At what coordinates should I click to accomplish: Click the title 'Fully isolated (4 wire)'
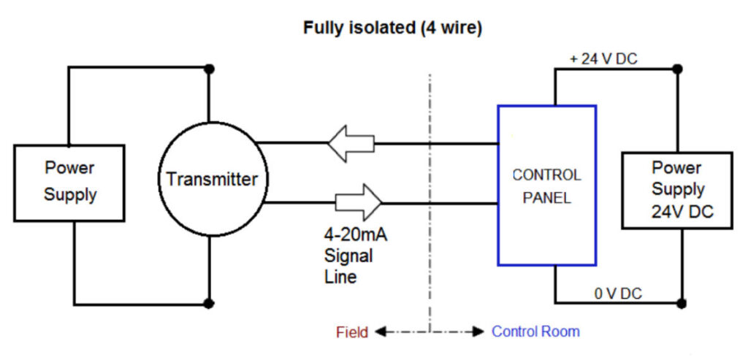click(393, 29)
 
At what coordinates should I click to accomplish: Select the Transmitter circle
click(210, 179)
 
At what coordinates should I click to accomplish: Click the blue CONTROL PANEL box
click(546, 185)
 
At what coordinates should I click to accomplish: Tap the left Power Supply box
click(69, 182)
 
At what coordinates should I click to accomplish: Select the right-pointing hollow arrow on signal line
click(358, 202)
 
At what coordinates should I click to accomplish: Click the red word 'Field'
click(351, 332)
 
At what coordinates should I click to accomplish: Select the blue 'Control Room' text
click(535, 332)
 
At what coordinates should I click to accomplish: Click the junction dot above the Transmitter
click(210, 69)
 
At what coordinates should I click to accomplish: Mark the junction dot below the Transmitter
click(210, 303)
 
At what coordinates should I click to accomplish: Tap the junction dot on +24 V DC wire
click(677, 69)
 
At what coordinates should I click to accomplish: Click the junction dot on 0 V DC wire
click(682, 302)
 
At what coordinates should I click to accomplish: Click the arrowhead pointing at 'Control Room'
click(478, 332)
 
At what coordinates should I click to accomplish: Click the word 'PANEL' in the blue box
click(546, 198)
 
